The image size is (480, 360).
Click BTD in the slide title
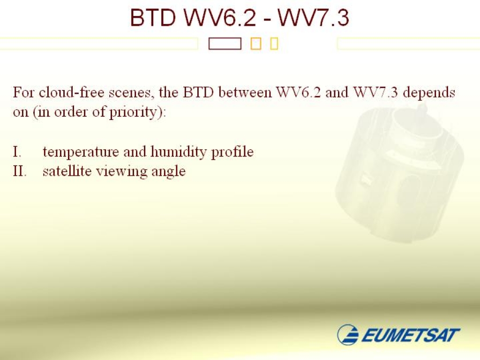coord(153,17)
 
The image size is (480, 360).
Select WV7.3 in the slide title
coord(313,17)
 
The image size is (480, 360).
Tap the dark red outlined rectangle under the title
coord(225,44)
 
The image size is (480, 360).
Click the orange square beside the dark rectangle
coord(255,44)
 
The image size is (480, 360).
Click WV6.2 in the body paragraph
coord(299,92)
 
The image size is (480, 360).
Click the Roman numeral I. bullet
coord(17,151)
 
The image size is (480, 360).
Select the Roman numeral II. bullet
coord(20,171)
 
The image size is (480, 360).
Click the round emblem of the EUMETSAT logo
coord(348,334)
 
